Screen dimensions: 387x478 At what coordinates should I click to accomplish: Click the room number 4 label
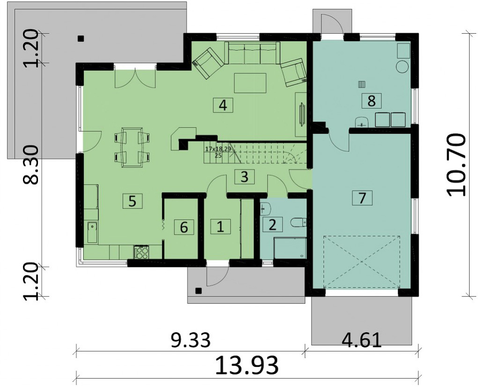[223, 105]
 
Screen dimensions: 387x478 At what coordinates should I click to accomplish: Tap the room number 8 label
[372, 100]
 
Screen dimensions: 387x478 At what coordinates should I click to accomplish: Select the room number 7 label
[362, 198]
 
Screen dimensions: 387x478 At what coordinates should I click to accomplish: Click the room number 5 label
[132, 201]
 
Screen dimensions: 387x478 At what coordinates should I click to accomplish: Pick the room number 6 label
[184, 227]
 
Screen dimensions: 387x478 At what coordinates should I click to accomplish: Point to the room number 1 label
[220, 227]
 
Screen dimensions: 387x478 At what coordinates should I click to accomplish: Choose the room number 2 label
[272, 224]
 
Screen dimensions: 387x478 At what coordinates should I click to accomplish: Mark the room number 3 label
[244, 177]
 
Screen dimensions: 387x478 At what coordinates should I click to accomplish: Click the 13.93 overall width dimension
[247, 365]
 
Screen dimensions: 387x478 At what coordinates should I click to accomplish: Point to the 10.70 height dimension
[456, 164]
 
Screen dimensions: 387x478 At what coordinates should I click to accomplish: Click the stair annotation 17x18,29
[217, 149]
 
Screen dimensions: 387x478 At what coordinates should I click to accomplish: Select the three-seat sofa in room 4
[252, 52]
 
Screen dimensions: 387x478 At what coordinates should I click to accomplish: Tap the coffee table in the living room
[250, 83]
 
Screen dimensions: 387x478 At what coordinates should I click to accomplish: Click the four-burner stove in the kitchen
[142, 252]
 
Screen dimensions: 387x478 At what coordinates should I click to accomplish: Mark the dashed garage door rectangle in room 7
[361, 262]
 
